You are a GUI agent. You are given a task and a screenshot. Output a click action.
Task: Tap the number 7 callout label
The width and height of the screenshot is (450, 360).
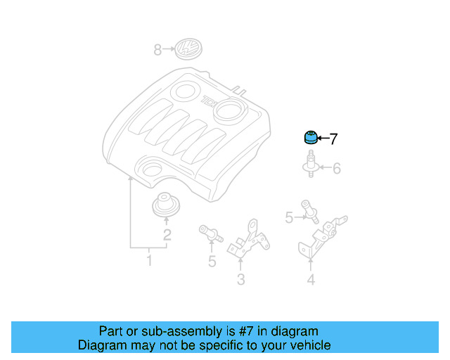(333, 139)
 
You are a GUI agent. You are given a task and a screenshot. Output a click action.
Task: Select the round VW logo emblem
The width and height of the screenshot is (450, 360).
(188, 49)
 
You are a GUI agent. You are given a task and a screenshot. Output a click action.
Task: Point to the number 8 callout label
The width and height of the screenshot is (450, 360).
(157, 50)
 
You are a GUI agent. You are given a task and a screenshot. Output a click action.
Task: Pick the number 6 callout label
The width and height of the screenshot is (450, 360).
(336, 169)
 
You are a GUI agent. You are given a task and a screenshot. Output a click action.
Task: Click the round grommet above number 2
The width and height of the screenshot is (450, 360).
(166, 205)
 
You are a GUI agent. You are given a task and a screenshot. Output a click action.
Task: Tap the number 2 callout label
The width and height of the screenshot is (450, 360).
(167, 236)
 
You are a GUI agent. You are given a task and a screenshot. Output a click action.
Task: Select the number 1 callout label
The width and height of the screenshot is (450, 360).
(149, 262)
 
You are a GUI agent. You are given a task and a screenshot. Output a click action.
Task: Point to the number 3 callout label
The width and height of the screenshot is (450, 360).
(240, 281)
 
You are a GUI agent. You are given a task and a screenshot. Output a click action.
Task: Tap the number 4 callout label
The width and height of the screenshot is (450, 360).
(310, 281)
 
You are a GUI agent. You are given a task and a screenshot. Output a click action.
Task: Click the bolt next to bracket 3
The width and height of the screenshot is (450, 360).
(211, 234)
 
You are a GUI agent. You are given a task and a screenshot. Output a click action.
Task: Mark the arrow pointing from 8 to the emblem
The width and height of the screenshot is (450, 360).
(169, 50)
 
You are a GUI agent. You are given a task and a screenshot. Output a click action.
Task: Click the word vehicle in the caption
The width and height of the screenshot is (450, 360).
(305, 345)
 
